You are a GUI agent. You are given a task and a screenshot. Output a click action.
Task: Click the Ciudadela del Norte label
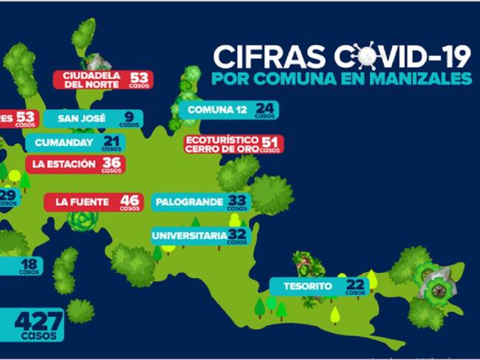pyautogui.click(x=92, y=79)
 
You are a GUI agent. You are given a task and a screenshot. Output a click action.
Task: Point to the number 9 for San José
pyautogui.click(x=129, y=116)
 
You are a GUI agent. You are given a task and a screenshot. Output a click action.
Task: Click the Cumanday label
pyautogui.click(x=62, y=142)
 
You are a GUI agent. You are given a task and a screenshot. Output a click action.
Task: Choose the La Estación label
pyautogui.click(x=64, y=164)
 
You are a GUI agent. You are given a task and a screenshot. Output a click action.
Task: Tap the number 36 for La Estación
pyautogui.click(x=112, y=163)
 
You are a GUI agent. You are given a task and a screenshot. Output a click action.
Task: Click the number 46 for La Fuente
pyautogui.click(x=130, y=200)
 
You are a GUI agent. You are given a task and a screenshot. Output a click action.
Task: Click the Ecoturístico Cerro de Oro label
pyautogui.click(x=222, y=143)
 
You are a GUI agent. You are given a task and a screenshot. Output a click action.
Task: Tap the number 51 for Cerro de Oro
pyautogui.click(x=270, y=142)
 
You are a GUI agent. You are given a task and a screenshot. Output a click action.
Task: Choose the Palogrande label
pyautogui.click(x=188, y=201)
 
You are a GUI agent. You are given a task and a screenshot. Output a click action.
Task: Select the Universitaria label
pyautogui.click(x=189, y=236)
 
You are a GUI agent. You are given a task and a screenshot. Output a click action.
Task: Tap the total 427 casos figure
pyautogui.click(x=38, y=322)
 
